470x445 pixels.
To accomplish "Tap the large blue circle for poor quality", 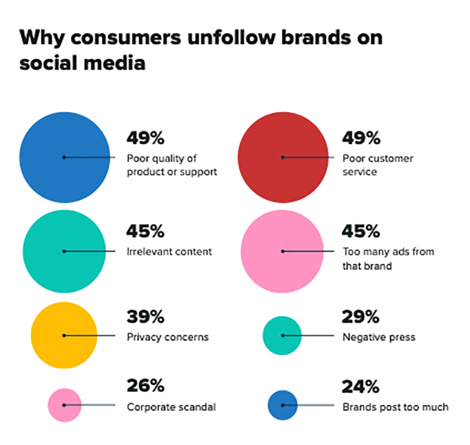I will [x=64, y=157].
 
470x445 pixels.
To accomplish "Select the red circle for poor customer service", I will [x=283, y=157].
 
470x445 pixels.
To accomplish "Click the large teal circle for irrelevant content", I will [x=64, y=251].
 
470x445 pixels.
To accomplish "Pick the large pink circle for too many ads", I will [x=283, y=251].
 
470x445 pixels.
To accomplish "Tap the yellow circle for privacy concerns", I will [x=64, y=335].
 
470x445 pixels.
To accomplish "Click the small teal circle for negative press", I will [x=283, y=335].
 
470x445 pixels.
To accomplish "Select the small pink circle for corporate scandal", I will [x=64, y=405].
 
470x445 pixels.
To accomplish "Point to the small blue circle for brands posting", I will [x=283, y=405].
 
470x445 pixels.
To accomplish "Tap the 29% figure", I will [x=361, y=318].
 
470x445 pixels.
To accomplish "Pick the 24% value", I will [x=361, y=387].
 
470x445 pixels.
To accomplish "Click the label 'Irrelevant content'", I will [x=169, y=251].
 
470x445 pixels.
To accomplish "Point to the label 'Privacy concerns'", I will [x=167, y=337].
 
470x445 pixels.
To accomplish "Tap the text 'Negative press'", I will [x=379, y=337].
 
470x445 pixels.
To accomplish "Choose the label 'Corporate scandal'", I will [x=171, y=406].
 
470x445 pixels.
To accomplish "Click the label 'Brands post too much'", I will [x=395, y=406].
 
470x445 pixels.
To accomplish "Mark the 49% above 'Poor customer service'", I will [x=361, y=139].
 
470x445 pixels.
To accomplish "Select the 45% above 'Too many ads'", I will [x=361, y=232].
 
